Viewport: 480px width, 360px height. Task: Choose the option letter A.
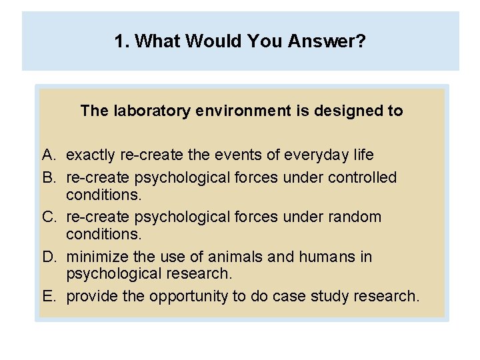[48, 155]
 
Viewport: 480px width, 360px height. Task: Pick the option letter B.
[48, 178]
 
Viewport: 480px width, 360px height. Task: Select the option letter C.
[48, 217]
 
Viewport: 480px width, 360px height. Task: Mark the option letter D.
[48, 257]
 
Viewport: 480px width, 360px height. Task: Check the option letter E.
[48, 296]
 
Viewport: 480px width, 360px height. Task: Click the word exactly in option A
[91, 155]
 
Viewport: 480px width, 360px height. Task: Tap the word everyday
[317, 155]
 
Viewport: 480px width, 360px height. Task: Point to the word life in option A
[363, 155]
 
